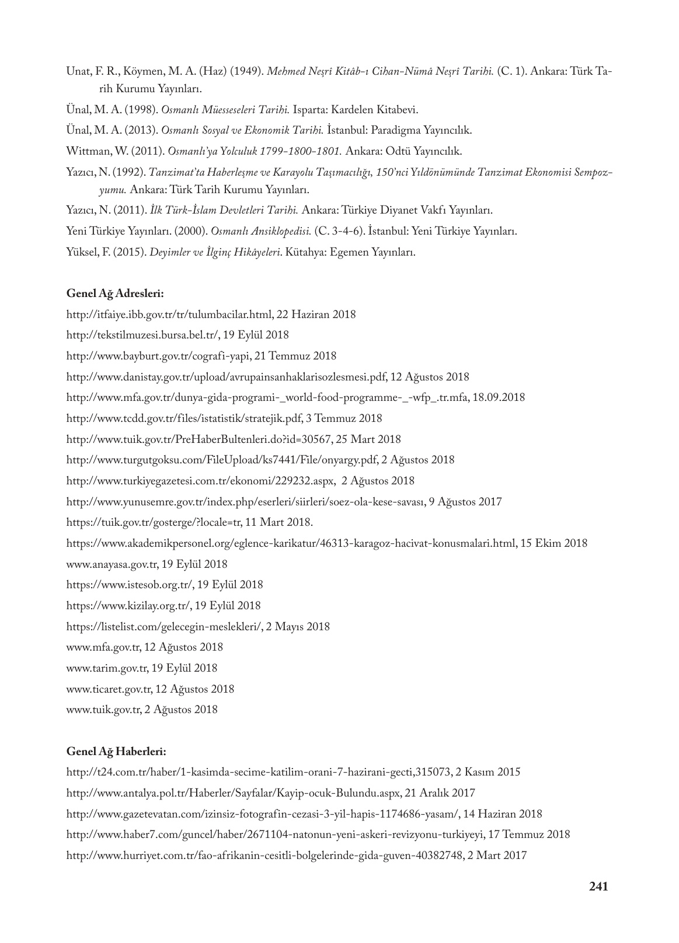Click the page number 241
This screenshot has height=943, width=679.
(598, 886)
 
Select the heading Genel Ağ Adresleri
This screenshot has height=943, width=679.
(115, 294)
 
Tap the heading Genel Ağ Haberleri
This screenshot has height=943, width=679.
(116, 751)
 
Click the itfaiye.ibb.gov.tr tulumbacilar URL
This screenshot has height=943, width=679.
(169, 315)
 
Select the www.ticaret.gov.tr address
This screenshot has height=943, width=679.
(110, 689)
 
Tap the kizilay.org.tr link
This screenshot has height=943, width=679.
(128, 606)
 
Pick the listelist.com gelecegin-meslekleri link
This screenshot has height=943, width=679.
(165, 627)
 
